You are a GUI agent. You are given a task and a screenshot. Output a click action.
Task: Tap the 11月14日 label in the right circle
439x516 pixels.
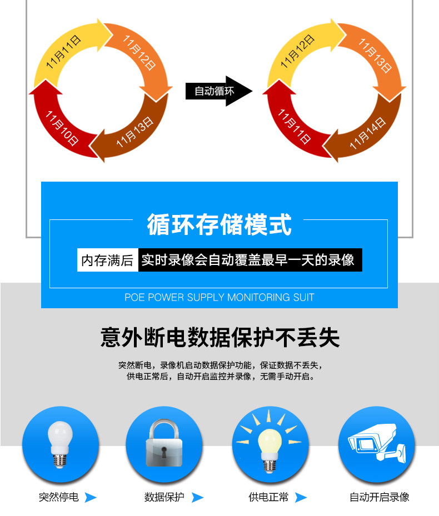tap(367, 134)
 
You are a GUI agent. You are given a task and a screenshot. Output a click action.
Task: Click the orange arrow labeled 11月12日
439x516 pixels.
tap(139, 53)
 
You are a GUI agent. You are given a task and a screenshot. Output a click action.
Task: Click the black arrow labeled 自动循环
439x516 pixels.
tap(217, 91)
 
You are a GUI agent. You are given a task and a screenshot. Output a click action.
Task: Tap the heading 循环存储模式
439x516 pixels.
tap(219, 225)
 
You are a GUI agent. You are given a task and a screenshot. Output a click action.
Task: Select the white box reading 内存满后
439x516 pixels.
tap(107, 260)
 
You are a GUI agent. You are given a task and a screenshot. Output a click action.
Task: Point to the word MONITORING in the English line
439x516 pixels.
tap(256, 297)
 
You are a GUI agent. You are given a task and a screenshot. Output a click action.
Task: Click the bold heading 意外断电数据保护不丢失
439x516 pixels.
tap(219, 337)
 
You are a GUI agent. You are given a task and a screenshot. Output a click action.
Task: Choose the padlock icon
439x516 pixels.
tap(164, 444)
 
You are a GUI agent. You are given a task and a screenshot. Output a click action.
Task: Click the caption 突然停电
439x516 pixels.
tap(59, 497)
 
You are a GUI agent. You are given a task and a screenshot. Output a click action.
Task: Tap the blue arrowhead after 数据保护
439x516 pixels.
tap(197, 498)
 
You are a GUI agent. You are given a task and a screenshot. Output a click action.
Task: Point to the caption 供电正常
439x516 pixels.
tap(268, 497)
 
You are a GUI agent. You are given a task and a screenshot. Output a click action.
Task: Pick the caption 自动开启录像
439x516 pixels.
tap(379, 497)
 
